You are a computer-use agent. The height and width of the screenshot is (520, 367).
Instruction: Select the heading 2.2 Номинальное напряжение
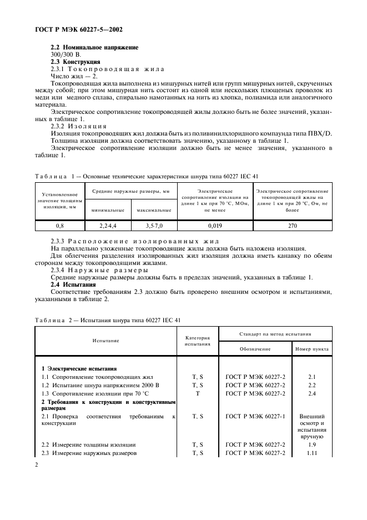tap(94, 48)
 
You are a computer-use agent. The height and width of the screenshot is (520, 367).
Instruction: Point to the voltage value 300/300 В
tap(66, 55)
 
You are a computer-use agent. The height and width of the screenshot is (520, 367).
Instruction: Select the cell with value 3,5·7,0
tap(151, 226)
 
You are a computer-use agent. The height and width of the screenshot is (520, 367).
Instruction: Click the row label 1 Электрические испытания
tap(79, 369)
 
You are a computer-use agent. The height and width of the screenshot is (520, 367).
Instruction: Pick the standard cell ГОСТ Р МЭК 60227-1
tap(255, 416)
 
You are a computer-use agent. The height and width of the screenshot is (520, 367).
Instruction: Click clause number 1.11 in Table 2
tap(311, 453)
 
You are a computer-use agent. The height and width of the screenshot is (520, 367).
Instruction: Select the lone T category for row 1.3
tap(197, 393)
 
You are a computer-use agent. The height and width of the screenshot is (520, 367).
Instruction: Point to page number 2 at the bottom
tap(37, 466)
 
